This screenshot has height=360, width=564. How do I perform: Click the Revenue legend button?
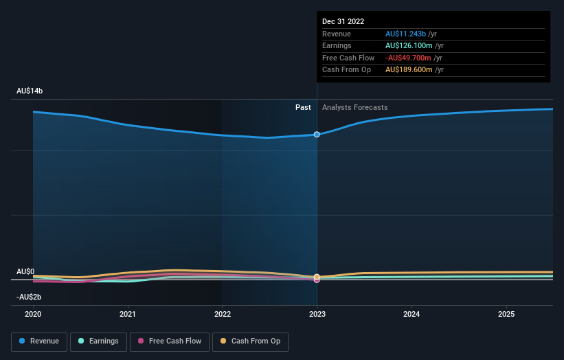point(39,341)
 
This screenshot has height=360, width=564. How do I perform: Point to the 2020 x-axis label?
point(33,314)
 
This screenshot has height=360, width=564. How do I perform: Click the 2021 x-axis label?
point(127,314)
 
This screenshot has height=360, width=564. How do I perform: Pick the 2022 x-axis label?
point(222,314)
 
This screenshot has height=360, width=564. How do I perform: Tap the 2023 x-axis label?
point(317,314)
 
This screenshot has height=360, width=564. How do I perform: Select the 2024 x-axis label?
point(411,314)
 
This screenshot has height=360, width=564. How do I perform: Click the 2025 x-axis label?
point(506,314)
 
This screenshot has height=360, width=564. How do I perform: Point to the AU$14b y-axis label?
point(30,91)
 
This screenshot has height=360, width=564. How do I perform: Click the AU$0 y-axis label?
point(25,272)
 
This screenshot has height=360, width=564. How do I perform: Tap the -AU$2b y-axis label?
point(29,297)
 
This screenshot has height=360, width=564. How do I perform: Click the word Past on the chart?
point(303,107)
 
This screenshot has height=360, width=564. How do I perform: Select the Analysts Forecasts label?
point(354,107)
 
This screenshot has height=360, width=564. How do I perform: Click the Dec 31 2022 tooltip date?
point(343,21)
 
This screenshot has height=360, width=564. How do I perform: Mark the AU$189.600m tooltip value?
point(409,69)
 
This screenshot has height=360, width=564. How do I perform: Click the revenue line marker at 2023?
point(317,134)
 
